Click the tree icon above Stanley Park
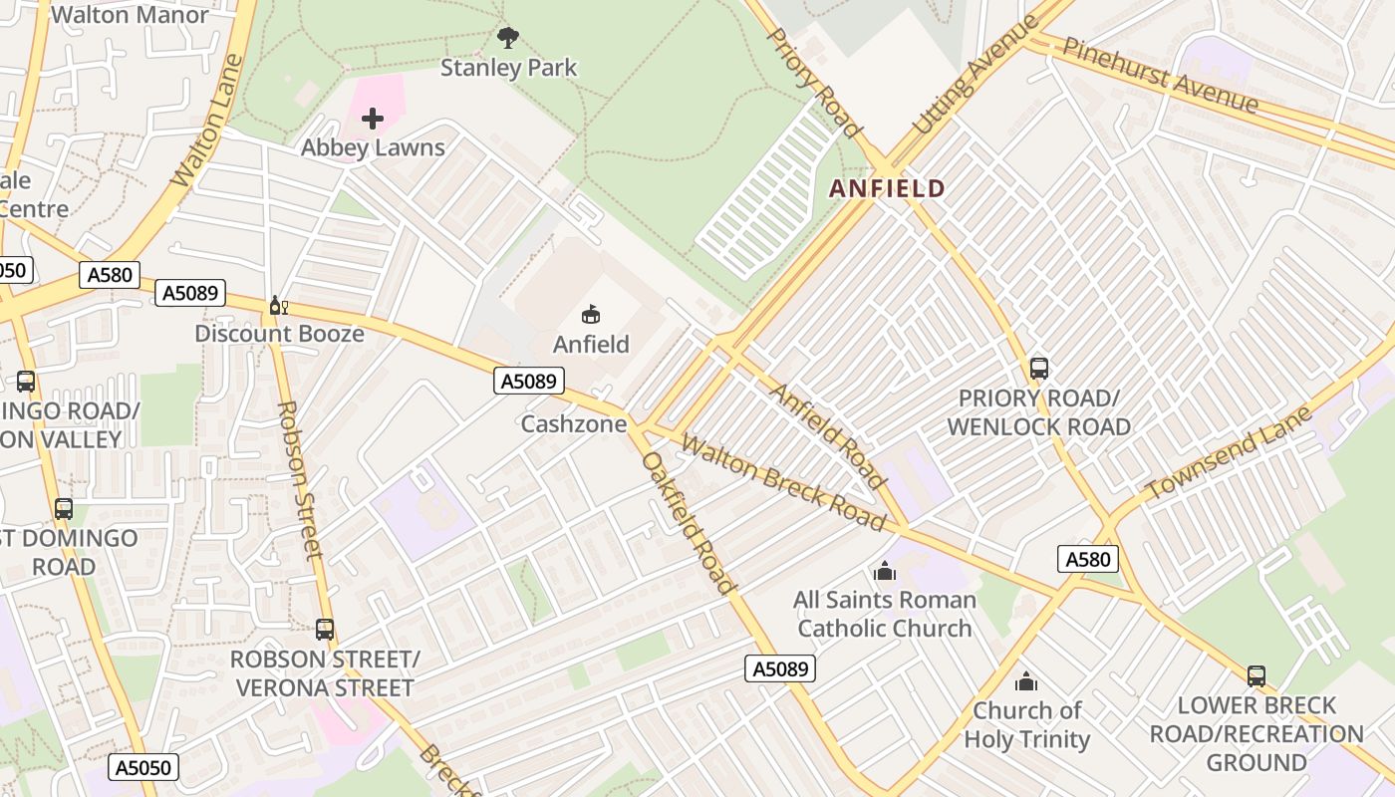click(508, 39)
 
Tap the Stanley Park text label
click(508, 68)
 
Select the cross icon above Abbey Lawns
click(373, 120)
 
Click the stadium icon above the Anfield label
click(591, 315)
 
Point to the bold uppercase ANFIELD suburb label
click(887, 188)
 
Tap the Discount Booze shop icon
click(278, 306)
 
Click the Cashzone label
click(574, 424)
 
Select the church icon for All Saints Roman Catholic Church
click(884, 572)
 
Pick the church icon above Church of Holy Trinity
click(1025, 682)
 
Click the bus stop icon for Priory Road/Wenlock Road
click(1038, 369)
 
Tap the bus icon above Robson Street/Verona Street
click(325, 630)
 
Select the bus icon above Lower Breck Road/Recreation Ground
click(1256, 676)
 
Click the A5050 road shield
click(145, 767)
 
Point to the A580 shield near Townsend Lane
click(1087, 559)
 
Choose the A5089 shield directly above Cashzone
click(529, 381)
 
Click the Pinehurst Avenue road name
click(1160, 75)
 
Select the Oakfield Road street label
click(689, 523)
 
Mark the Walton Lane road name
click(207, 122)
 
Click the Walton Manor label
click(130, 15)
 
